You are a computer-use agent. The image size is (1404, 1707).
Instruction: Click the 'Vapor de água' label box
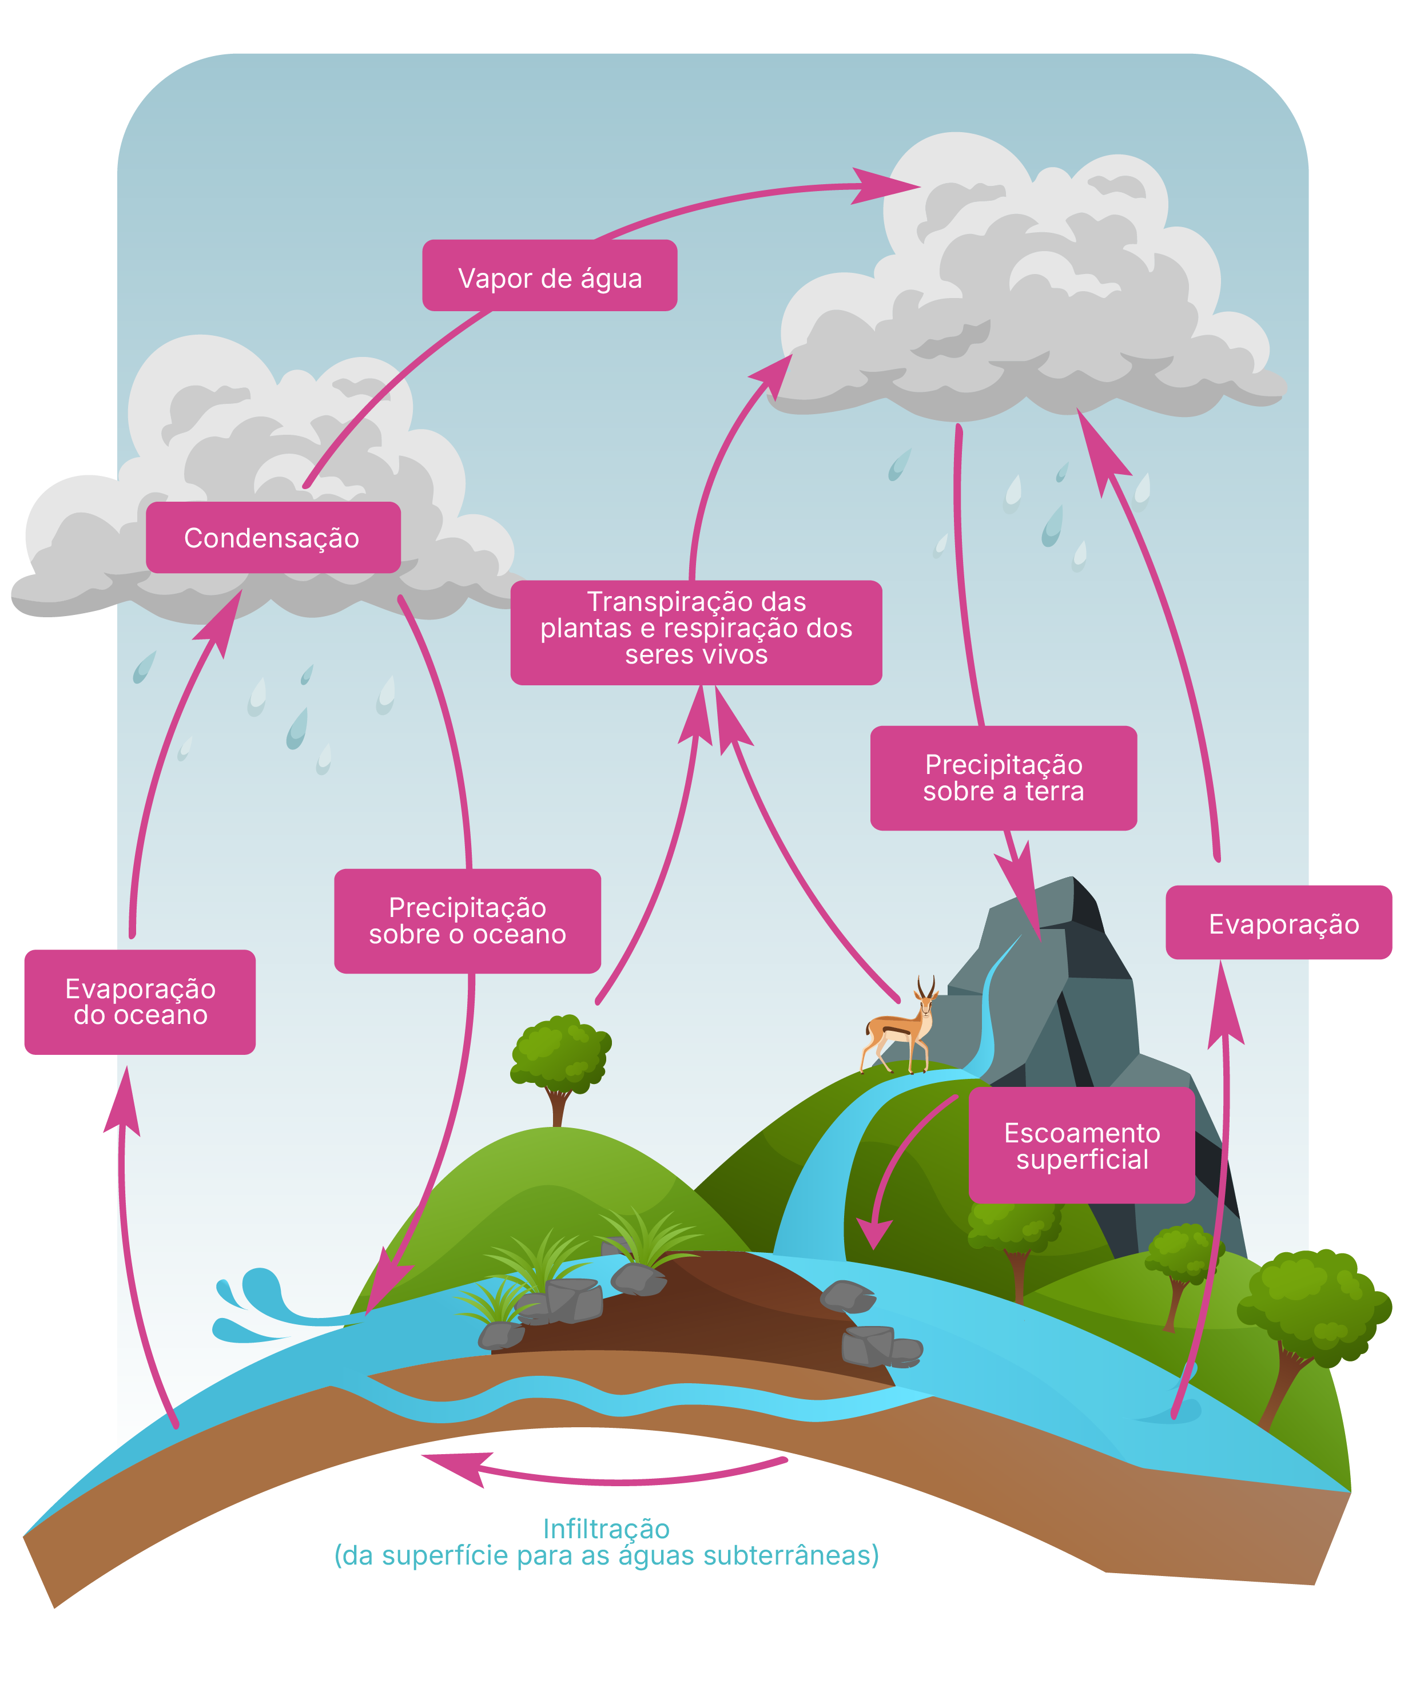point(549,275)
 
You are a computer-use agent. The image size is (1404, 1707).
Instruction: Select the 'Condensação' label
point(273,537)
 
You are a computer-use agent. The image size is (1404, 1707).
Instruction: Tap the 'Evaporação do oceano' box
point(140,1002)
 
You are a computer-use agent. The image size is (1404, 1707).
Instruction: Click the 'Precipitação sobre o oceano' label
point(467,920)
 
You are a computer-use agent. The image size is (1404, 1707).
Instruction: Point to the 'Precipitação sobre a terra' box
point(1004,777)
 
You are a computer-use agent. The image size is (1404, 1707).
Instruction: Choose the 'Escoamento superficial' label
point(1081,1145)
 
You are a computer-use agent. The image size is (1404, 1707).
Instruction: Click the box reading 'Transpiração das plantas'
point(697,633)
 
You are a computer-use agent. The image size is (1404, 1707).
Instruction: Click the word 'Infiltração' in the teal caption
point(607,1528)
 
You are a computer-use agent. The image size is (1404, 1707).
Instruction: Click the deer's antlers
point(926,986)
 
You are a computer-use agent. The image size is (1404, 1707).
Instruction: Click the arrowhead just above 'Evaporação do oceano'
point(123,1100)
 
